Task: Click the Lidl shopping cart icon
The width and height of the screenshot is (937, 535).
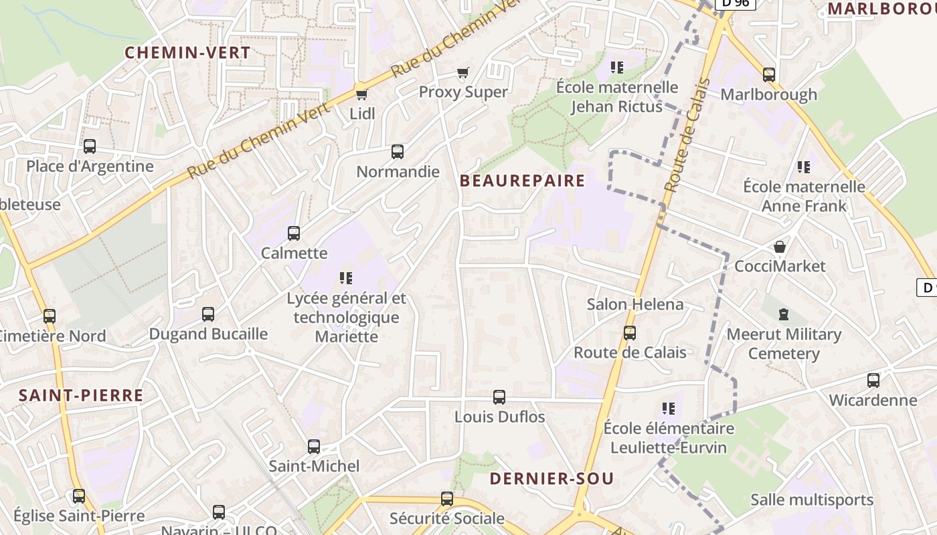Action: coord(361,94)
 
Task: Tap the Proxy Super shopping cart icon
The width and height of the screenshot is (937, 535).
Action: coord(462,72)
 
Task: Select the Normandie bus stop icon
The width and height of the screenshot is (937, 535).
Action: coord(398,152)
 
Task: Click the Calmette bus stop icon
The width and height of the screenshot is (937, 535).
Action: coord(294,233)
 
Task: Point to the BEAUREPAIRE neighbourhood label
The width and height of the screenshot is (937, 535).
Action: coord(523,181)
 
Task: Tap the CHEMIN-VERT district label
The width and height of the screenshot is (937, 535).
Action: coord(188,53)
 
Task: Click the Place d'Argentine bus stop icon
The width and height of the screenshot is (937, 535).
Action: coord(90,146)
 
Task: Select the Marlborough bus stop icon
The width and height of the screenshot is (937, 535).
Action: coord(769,75)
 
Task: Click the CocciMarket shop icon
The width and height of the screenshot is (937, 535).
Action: coord(780,247)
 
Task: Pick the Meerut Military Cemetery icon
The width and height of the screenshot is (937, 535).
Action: coord(784,314)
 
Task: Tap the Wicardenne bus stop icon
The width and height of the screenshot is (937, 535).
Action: coord(873,381)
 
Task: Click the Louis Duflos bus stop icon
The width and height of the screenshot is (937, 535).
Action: coord(499,397)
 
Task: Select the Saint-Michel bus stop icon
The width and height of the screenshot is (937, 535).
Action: coord(314,447)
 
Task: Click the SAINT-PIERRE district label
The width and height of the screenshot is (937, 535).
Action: coord(81,395)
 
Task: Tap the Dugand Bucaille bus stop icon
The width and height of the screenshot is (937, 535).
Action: coord(208,314)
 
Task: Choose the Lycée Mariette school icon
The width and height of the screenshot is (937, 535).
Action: coord(346,278)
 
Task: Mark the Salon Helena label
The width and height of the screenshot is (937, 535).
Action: coord(635,304)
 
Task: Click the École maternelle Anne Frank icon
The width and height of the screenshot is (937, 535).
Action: coord(804,167)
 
